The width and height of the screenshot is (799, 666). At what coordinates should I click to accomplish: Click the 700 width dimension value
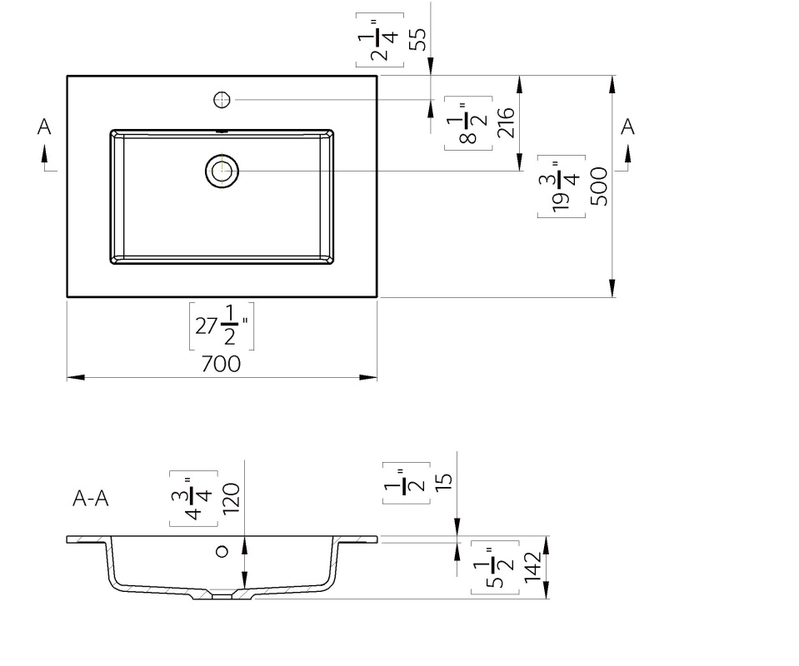pyautogui.click(x=221, y=364)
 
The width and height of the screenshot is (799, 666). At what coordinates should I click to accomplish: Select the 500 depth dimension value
pyautogui.click(x=599, y=186)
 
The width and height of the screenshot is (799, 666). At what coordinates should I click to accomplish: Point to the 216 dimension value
pyautogui.click(x=506, y=122)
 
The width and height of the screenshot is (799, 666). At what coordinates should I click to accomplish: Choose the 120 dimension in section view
pyautogui.click(x=231, y=499)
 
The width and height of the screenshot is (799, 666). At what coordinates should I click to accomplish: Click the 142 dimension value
pyautogui.click(x=532, y=567)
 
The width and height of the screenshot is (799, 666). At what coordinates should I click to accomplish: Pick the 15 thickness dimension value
pyautogui.click(x=444, y=482)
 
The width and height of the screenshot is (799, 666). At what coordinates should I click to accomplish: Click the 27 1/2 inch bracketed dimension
pyautogui.click(x=222, y=326)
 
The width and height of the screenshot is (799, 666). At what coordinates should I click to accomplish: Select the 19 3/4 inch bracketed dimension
pyautogui.click(x=562, y=186)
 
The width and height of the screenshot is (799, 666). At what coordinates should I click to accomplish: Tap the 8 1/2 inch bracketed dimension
pyautogui.click(x=468, y=123)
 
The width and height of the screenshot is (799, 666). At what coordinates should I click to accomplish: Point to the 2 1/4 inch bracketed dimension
pyautogui.click(x=380, y=40)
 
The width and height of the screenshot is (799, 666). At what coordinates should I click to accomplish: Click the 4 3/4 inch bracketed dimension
pyautogui.click(x=193, y=499)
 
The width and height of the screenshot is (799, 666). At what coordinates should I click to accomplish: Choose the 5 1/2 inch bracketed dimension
pyautogui.click(x=495, y=567)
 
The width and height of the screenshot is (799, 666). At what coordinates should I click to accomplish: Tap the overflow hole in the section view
pyautogui.click(x=222, y=551)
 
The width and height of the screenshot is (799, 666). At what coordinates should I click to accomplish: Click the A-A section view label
pyautogui.click(x=91, y=498)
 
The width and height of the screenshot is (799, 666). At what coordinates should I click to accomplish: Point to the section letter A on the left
pyautogui.click(x=44, y=127)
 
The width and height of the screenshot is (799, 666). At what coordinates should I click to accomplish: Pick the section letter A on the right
pyautogui.click(x=627, y=127)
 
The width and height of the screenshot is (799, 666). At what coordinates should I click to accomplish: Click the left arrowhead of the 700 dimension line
pyautogui.click(x=76, y=377)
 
